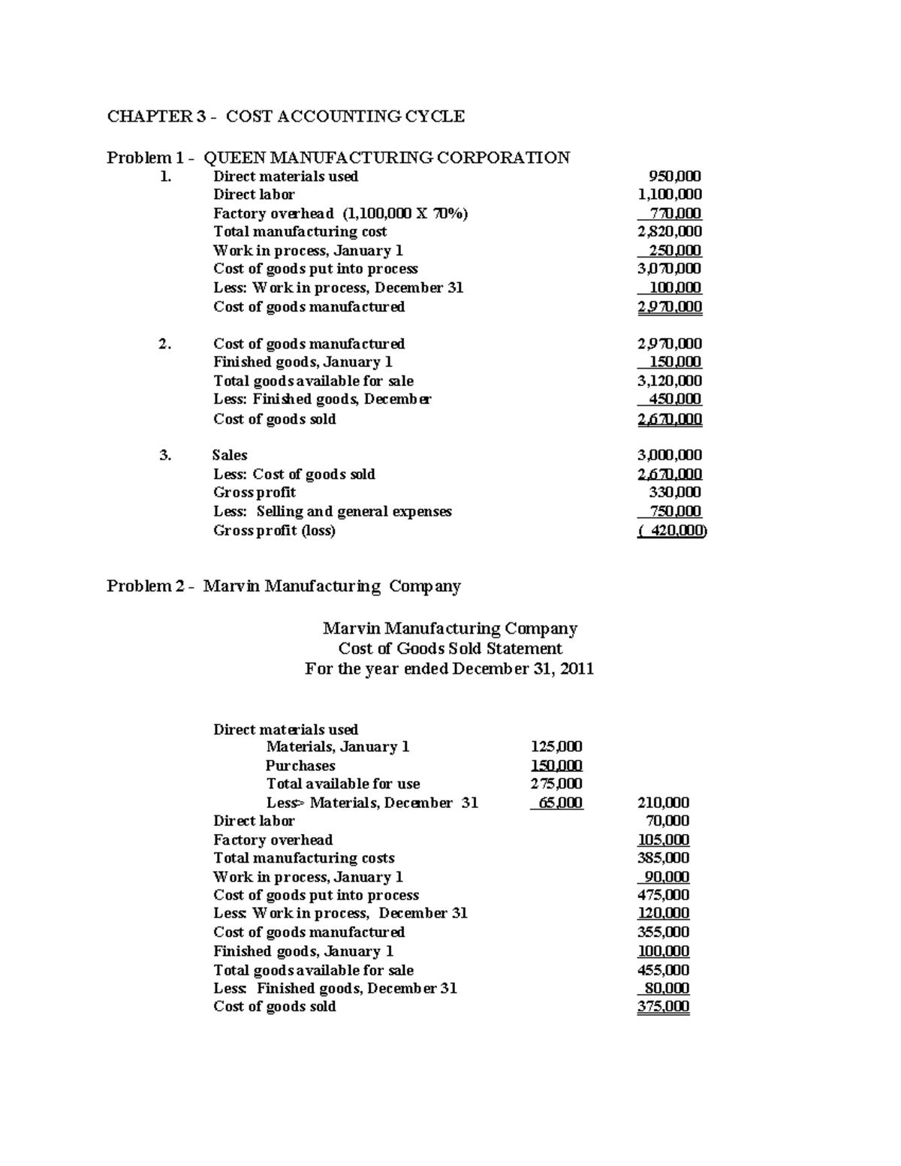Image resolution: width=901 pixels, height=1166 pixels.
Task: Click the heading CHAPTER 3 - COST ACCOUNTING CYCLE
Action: click(x=285, y=116)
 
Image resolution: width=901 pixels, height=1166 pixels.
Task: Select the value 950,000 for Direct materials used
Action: click(x=674, y=176)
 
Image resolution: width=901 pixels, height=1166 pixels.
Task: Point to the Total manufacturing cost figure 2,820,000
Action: click(x=669, y=232)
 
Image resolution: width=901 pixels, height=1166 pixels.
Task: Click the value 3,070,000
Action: click(x=669, y=269)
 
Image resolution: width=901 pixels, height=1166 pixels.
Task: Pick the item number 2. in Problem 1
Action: click(x=165, y=344)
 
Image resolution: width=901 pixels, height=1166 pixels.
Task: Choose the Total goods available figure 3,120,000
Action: click(x=669, y=381)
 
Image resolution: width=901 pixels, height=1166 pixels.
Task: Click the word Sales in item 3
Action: click(x=230, y=455)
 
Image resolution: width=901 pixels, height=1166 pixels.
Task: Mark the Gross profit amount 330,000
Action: click(x=674, y=493)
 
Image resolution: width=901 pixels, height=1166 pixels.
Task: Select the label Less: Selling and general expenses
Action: click(x=333, y=511)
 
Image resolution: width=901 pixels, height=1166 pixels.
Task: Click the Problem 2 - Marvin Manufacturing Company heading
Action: click(x=283, y=586)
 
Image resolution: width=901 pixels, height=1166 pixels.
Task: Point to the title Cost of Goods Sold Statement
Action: click(x=450, y=649)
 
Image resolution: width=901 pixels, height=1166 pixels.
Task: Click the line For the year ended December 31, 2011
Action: click(x=449, y=669)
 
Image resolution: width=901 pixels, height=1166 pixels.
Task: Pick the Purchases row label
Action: click(x=300, y=766)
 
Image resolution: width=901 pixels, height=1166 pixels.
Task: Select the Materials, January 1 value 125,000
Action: click(x=556, y=747)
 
